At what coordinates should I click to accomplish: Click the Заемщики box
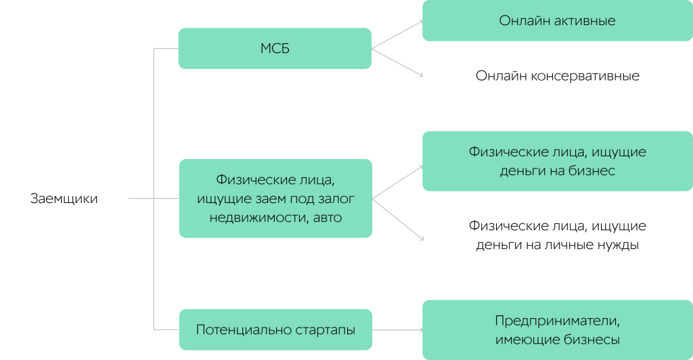pyautogui.click(x=64, y=198)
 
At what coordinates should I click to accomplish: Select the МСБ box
pyautogui.click(x=275, y=49)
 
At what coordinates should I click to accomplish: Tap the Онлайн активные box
pyautogui.click(x=557, y=20)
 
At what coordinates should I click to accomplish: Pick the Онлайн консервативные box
pyautogui.click(x=557, y=75)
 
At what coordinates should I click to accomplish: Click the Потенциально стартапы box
pyautogui.click(x=275, y=330)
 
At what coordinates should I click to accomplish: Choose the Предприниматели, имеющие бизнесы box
pyautogui.click(x=557, y=330)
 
